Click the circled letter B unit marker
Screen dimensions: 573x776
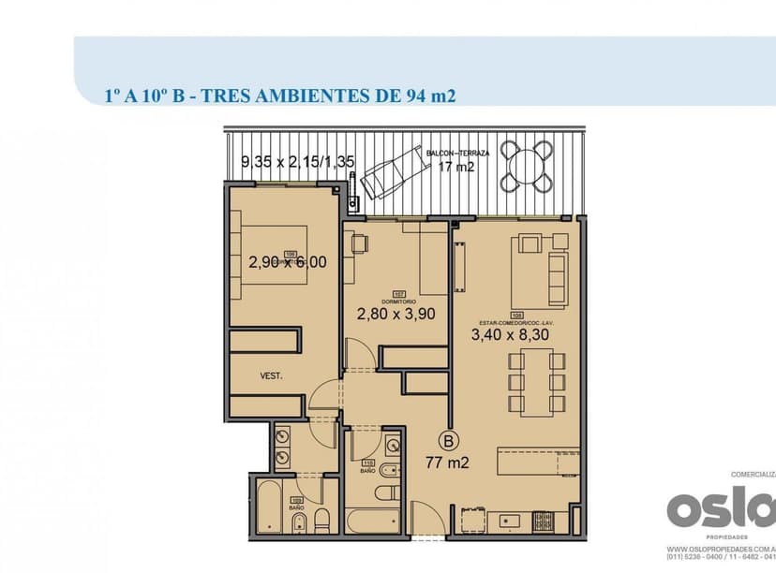(449, 440)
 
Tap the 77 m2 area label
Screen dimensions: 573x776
(448, 461)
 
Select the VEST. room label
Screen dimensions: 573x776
(272, 376)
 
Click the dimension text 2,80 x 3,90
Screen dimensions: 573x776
(395, 315)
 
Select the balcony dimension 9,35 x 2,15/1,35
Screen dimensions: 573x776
(297, 161)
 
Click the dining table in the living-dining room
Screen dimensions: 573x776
(530, 381)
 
